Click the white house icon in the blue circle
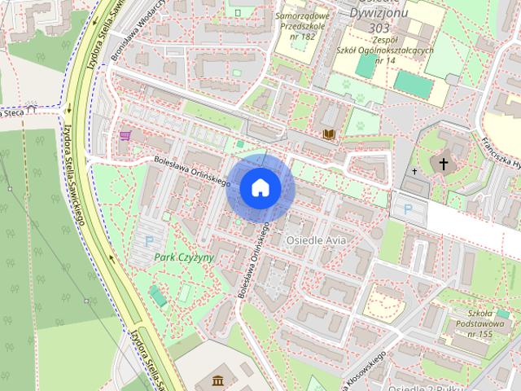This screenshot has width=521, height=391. [260, 188]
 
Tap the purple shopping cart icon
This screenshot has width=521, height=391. [125, 135]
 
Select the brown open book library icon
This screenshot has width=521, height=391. [329, 134]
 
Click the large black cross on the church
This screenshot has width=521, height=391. [444, 165]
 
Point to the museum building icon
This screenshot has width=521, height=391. [218, 380]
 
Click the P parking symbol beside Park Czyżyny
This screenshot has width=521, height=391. [149, 241]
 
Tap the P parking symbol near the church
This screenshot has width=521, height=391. [406, 209]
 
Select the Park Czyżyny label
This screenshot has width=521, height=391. [184, 257]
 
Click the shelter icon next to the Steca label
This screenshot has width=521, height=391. [32, 107]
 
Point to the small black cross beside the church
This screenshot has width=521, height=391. [414, 172]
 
